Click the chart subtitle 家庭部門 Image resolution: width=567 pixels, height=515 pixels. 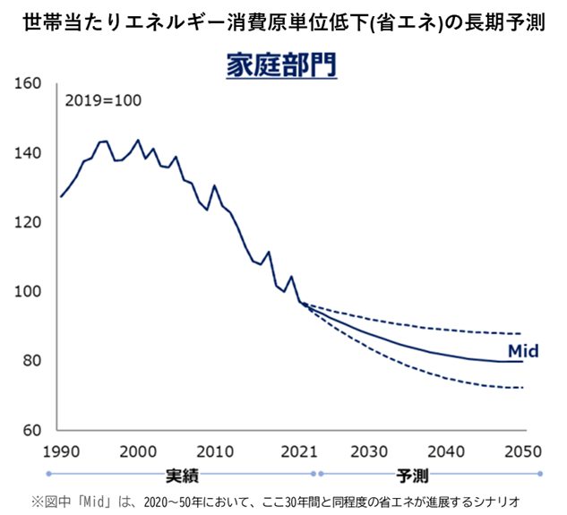tap(279, 66)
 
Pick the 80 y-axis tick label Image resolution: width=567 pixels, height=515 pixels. tap(32, 361)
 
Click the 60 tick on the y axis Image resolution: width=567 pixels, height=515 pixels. tap(32, 430)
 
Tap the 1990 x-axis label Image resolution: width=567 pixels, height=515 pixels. tap(60, 450)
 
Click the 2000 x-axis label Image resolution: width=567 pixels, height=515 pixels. tap(137, 450)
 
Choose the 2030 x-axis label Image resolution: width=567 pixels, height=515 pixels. tap(368, 450)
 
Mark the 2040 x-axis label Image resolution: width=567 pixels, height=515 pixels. tap(445, 450)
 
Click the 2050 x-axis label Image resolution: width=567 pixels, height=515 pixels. tap(522, 450)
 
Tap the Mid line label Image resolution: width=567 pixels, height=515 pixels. tap(523, 351)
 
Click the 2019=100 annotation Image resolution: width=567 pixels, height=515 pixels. tap(103, 99)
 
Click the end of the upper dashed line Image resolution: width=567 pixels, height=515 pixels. tap(522, 333)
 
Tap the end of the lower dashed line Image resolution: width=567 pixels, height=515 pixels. tap(522, 388)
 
